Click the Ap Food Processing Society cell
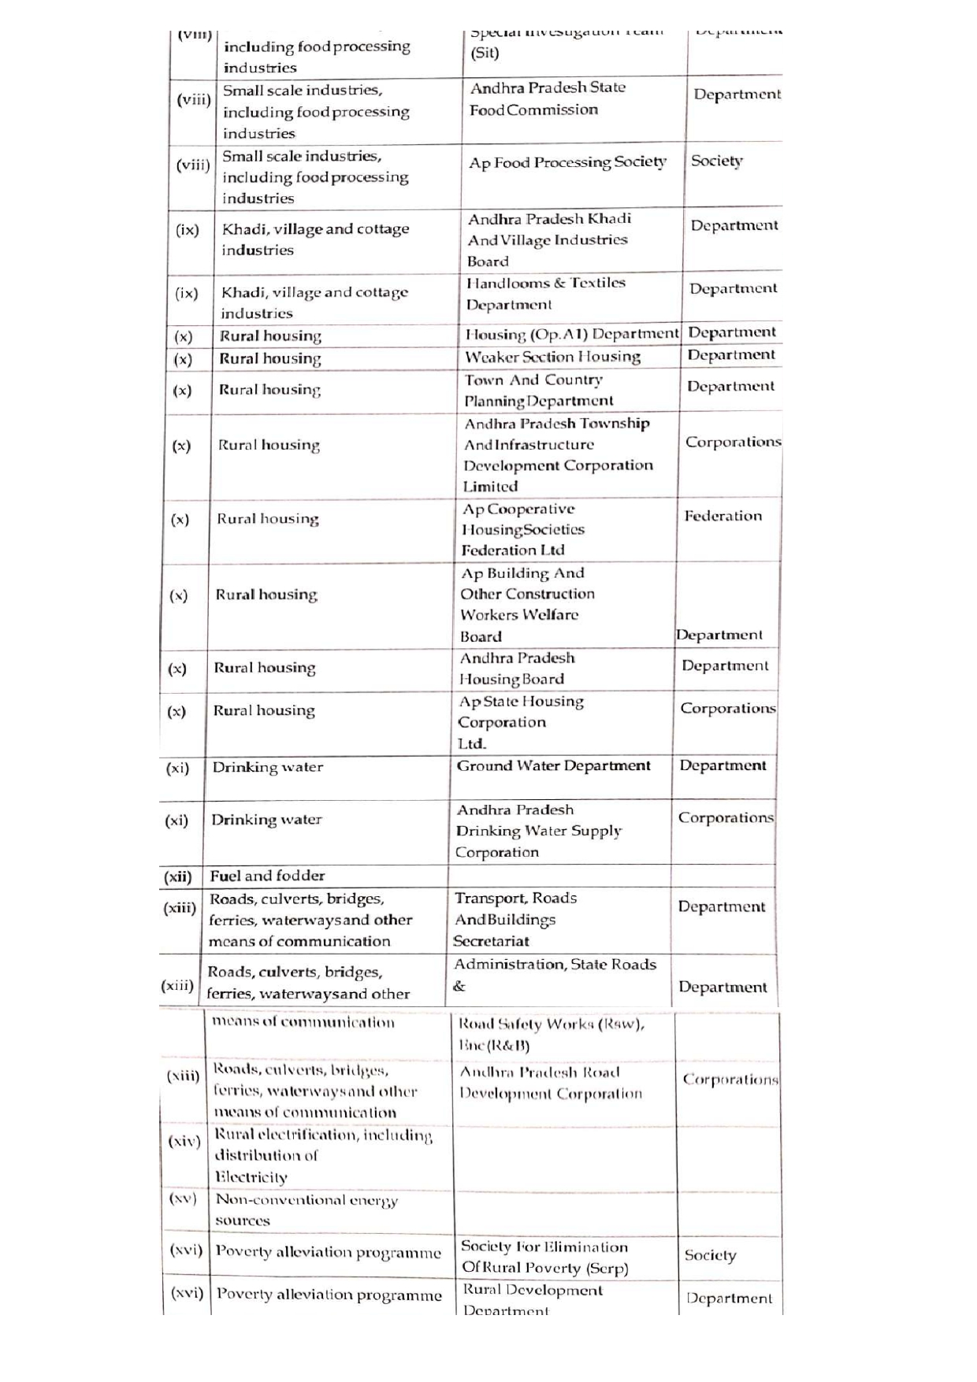click(567, 162)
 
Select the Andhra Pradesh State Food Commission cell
click(548, 98)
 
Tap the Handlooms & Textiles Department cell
click(545, 294)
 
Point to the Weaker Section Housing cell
click(552, 357)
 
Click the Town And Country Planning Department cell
click(538, 391)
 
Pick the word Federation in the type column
click(723, 516)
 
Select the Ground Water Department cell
click(553, 765)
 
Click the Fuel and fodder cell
click(267, 876)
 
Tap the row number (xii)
click(177, 876)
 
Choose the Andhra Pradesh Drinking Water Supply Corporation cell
click(538, 831)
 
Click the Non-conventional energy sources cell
click(306, 1210)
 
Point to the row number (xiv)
click(184, 1141)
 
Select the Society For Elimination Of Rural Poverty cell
click(544, 1257)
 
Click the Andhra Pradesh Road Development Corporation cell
click(551, 1083)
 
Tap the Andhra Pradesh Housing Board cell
click(517, 669)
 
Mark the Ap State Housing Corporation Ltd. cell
click(520, 722)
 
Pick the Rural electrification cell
click(323, 1155)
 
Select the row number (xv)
click(183, 1199)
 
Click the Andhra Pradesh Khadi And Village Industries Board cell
click(548, 239)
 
